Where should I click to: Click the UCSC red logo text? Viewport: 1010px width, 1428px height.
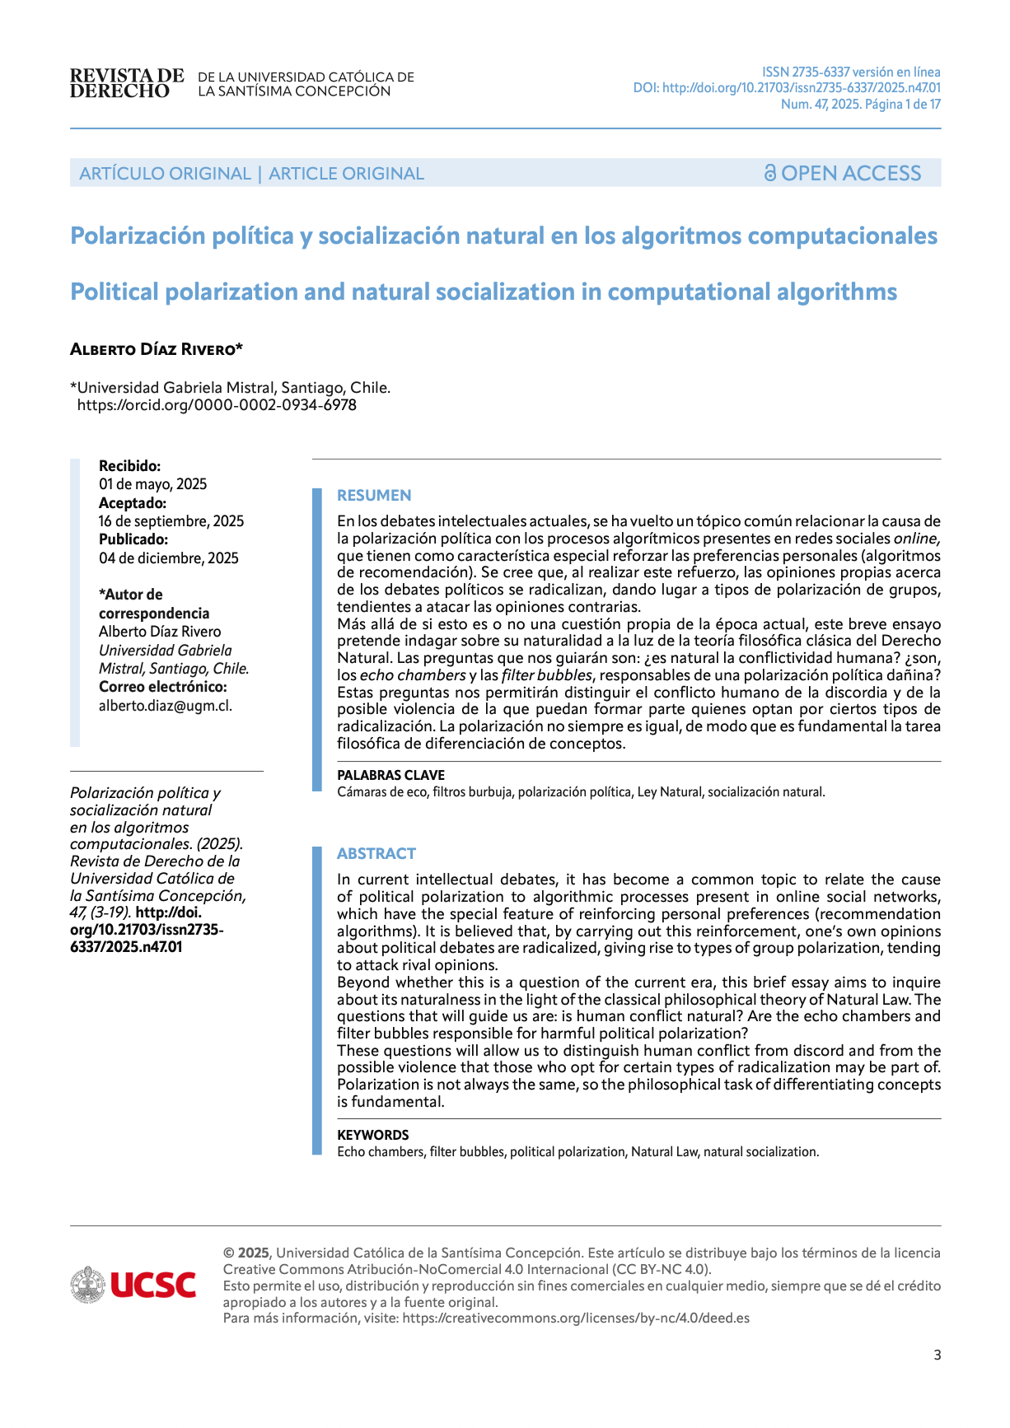tap(153, 1285)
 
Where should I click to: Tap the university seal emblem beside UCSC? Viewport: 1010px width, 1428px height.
tap(87, 1285)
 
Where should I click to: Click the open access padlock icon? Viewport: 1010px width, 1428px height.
tap(769, 173)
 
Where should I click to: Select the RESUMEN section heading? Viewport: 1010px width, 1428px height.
tap(374, 495)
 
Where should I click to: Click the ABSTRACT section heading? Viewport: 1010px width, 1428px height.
tap(376, 853)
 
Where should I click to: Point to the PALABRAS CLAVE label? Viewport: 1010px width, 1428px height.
tap(390, 775)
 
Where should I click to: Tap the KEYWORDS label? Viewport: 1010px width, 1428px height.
tap(372, 1135)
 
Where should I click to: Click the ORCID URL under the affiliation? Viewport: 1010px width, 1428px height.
tap(217, 405)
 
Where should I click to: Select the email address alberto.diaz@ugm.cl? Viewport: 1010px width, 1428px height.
tap(166, 705)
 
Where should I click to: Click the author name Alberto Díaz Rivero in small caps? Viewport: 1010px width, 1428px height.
tap(157, 349)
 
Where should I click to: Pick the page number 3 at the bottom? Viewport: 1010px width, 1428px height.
tap(937, 1355)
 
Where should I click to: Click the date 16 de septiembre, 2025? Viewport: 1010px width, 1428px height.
tap(171, 521)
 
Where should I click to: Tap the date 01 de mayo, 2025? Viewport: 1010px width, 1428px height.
tap(153, 484)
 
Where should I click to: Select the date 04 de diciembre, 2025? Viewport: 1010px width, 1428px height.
tap(169, 558)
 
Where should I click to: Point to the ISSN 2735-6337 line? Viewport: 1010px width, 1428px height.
tap(851, 72)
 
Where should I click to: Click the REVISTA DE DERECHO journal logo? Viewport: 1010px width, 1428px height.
tap(127, 84)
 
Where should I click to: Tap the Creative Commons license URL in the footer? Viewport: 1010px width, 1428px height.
tap(576, 1318)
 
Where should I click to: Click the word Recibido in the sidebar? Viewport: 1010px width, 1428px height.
tap(129, 466)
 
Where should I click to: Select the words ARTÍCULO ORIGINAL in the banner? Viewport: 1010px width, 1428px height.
tap(165, 174)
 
